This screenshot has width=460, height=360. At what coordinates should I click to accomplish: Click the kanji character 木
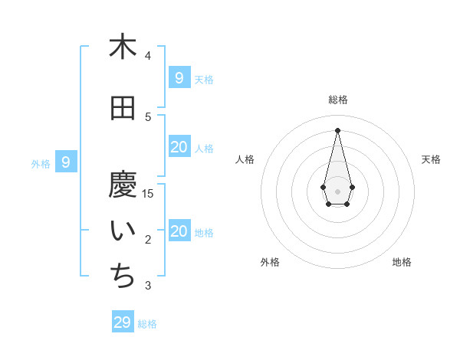point(123,47)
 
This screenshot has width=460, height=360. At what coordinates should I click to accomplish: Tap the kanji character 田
point(123,109)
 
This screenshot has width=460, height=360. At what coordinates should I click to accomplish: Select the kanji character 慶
point(123,185)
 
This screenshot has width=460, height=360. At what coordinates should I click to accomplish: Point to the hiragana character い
point(123,232)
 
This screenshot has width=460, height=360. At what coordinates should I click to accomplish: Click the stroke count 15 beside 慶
point(148,193)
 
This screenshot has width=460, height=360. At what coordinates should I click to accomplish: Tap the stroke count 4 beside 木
point(148,55)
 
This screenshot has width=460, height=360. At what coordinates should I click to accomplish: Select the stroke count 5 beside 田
point(148,116)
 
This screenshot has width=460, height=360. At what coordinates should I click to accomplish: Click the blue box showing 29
point(123,322)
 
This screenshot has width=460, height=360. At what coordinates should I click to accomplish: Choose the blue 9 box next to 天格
point(179,77)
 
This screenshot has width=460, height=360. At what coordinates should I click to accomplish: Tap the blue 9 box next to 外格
point(67,162)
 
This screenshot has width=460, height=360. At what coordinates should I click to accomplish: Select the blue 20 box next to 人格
point(179,147)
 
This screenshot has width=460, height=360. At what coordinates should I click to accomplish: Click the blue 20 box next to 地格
point(179,231)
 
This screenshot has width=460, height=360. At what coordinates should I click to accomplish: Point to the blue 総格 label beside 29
point(147,324)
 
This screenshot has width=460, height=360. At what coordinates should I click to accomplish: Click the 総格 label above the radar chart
point(338,100)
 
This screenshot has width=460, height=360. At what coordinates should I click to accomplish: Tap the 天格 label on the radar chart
point(431,159)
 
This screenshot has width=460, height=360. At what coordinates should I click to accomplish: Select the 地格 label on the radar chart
point(402,262)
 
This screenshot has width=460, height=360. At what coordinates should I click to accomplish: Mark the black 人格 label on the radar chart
point(245,159)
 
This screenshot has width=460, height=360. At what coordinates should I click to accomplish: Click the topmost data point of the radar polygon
point(337,129)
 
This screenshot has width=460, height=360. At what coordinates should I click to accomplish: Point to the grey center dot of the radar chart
point(337,191)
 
